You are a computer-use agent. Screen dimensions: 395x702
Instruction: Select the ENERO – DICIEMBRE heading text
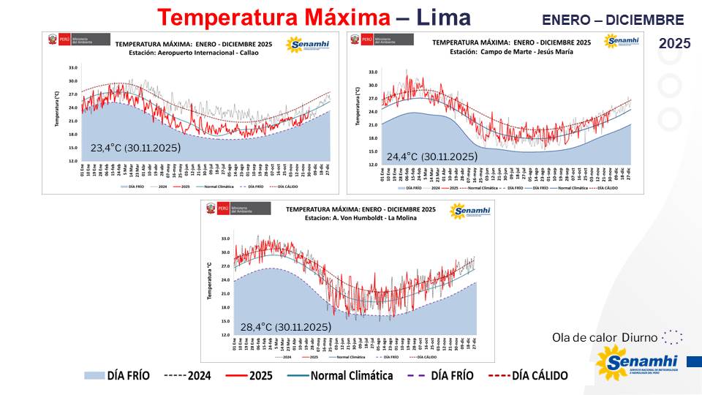point(613,20)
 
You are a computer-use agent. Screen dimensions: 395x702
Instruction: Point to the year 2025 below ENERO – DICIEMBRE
point(674,44)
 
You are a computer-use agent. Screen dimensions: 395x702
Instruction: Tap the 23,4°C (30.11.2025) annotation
point(135,148)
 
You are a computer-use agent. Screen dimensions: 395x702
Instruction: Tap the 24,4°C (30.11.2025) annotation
point(431,157)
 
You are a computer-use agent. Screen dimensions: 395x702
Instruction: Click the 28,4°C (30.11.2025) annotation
point(286,326)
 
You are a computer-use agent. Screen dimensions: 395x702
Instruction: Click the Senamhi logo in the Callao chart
point(309,45)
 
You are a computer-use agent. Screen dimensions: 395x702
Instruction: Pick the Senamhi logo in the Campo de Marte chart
point(622,41)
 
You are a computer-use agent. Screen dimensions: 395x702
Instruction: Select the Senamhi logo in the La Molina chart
point(469,211)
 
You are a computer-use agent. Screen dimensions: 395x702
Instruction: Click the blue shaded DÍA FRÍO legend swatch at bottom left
point(94,376)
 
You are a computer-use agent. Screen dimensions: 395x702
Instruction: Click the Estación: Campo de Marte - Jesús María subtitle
point(510,52)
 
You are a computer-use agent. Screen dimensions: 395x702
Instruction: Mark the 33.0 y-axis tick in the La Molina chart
point(225,239)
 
